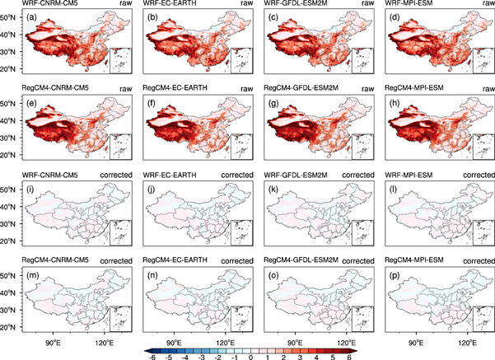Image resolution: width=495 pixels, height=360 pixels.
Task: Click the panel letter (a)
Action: (31, 17)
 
